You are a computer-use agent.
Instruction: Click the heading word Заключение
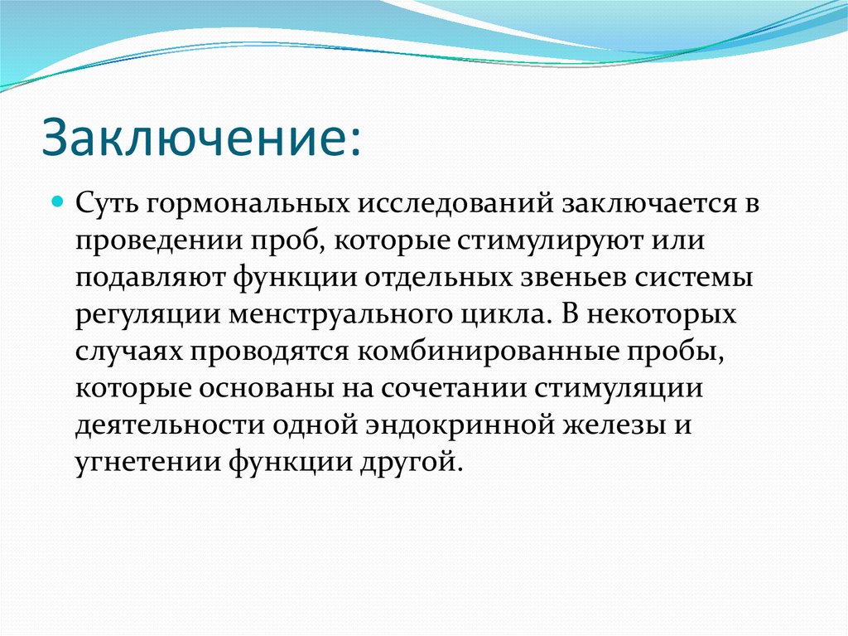[x=194, y=136]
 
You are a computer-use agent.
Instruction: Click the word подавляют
[x=150, y=279]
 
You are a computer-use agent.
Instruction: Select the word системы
[x=693, y=279]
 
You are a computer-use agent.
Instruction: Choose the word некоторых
[x=662, y=316]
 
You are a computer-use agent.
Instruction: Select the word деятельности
[x=170, y=426]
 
